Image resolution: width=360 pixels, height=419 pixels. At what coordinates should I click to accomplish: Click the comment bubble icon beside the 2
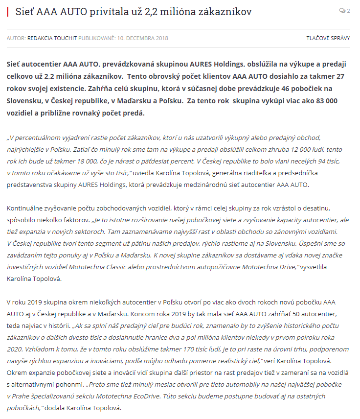coord(342,11)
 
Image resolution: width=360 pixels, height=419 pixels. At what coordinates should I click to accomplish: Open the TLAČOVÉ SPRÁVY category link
coord(328,38)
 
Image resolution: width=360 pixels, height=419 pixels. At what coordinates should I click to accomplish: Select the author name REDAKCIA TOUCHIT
coord(52,38)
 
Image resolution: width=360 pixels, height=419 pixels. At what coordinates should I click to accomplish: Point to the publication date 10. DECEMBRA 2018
coord(142,38)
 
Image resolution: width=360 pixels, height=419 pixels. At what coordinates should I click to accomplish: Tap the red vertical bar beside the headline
coord(8,11)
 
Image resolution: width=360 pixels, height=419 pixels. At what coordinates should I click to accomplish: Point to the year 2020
coord(15,349)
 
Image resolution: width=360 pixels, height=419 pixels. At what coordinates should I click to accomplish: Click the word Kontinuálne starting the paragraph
coord(28,209)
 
